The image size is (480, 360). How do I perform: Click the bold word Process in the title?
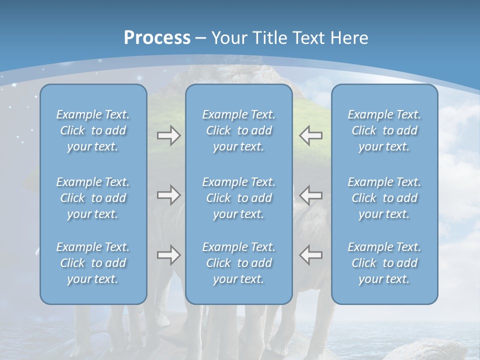point(157,38)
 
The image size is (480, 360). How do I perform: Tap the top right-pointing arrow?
point(168,135)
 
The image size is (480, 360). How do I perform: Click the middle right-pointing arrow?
point(168,194)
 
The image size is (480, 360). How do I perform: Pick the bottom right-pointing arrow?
point(168,254)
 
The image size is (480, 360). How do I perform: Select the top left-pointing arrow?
point(311,135)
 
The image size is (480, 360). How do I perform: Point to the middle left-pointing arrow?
point(311,194)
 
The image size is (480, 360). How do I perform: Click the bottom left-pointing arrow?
point(311,254)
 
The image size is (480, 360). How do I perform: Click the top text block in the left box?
point(93,130)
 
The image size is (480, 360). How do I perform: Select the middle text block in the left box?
point(93,198)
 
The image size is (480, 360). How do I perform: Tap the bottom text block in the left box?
point(93,263)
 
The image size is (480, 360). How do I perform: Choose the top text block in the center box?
point(238,130)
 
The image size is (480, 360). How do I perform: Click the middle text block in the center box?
point(238,198)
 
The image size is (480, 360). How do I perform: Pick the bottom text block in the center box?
point(238,263)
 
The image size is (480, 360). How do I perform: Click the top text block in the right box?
point(384,130)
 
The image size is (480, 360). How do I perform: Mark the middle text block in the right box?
point(384,198)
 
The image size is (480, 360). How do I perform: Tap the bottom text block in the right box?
point(384,263)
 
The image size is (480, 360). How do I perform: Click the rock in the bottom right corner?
point(425,350)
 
